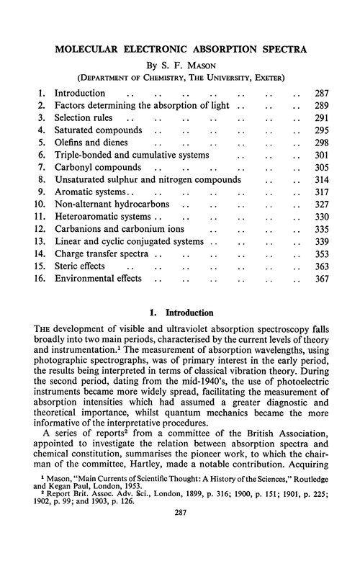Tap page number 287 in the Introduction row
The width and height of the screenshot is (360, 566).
click(x=317, y=94)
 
